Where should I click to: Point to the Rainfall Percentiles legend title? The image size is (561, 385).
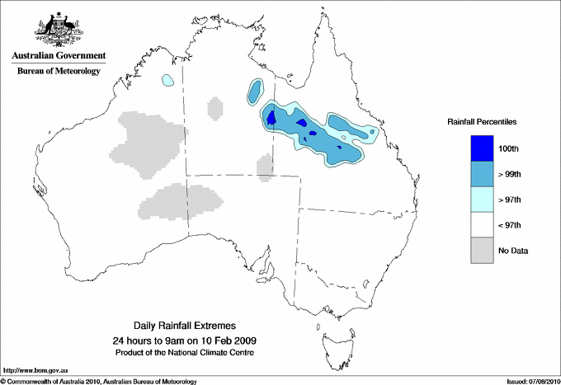(483, 122)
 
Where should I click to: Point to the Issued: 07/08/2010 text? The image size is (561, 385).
(531, 381)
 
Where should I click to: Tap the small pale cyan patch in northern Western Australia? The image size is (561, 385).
(167, 81)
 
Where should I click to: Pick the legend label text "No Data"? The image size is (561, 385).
(512, 250)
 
